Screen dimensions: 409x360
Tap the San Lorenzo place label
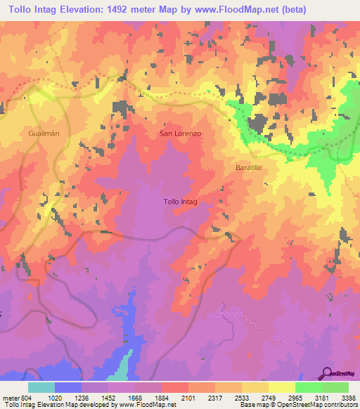[181, 132]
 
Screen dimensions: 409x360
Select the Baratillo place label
[249, 167]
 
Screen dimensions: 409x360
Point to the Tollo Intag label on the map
[180, 202]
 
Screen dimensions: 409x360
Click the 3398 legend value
[349, 397]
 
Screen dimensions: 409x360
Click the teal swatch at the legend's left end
[41, 387]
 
